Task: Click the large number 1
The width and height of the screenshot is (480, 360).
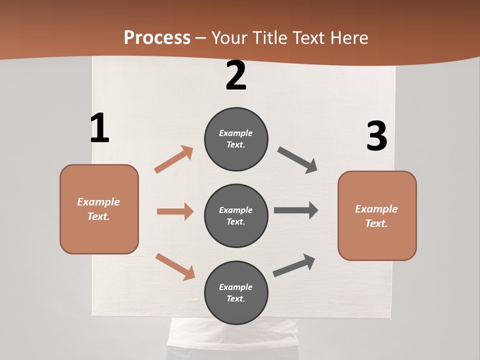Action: (99, 128)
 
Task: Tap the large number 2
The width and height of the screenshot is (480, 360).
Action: (236, 76)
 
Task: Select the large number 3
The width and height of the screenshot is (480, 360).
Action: (376, 136)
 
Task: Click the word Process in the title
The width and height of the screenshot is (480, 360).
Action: (157, 37)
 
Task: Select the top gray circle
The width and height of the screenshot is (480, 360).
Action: (236, 139)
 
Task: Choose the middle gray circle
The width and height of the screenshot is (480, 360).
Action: (236, 215)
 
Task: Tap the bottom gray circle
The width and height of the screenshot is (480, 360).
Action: (236, 292)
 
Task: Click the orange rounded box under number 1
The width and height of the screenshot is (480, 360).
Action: (99, 209)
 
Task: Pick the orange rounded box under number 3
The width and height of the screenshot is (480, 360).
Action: (377, 215)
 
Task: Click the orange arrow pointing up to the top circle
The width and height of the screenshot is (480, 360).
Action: (174, 159)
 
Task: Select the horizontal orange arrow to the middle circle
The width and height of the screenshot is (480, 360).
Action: (175, 211)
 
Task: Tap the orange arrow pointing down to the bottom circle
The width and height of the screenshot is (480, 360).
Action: (175, 266)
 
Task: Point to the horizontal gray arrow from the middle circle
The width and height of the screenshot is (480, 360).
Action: (296, 210)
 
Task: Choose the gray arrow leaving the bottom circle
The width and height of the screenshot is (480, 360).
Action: (294, 265)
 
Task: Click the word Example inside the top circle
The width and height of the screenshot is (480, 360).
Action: (236, 133)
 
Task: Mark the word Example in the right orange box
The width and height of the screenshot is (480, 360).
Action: (376, 209)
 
